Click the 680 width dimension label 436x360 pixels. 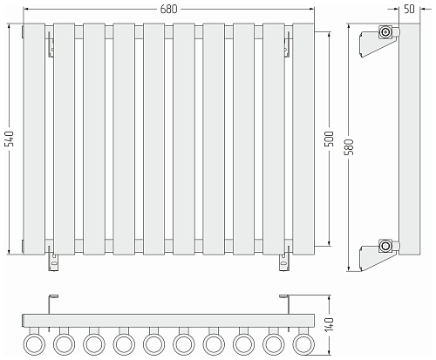168,9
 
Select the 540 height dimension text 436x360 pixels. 10,139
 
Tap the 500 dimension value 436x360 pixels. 330,139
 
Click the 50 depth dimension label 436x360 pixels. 409,9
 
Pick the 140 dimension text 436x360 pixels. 330,324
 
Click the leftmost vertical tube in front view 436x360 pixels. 34,139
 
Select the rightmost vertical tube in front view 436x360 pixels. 303,139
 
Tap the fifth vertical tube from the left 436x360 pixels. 154,139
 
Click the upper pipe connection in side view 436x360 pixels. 386,31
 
